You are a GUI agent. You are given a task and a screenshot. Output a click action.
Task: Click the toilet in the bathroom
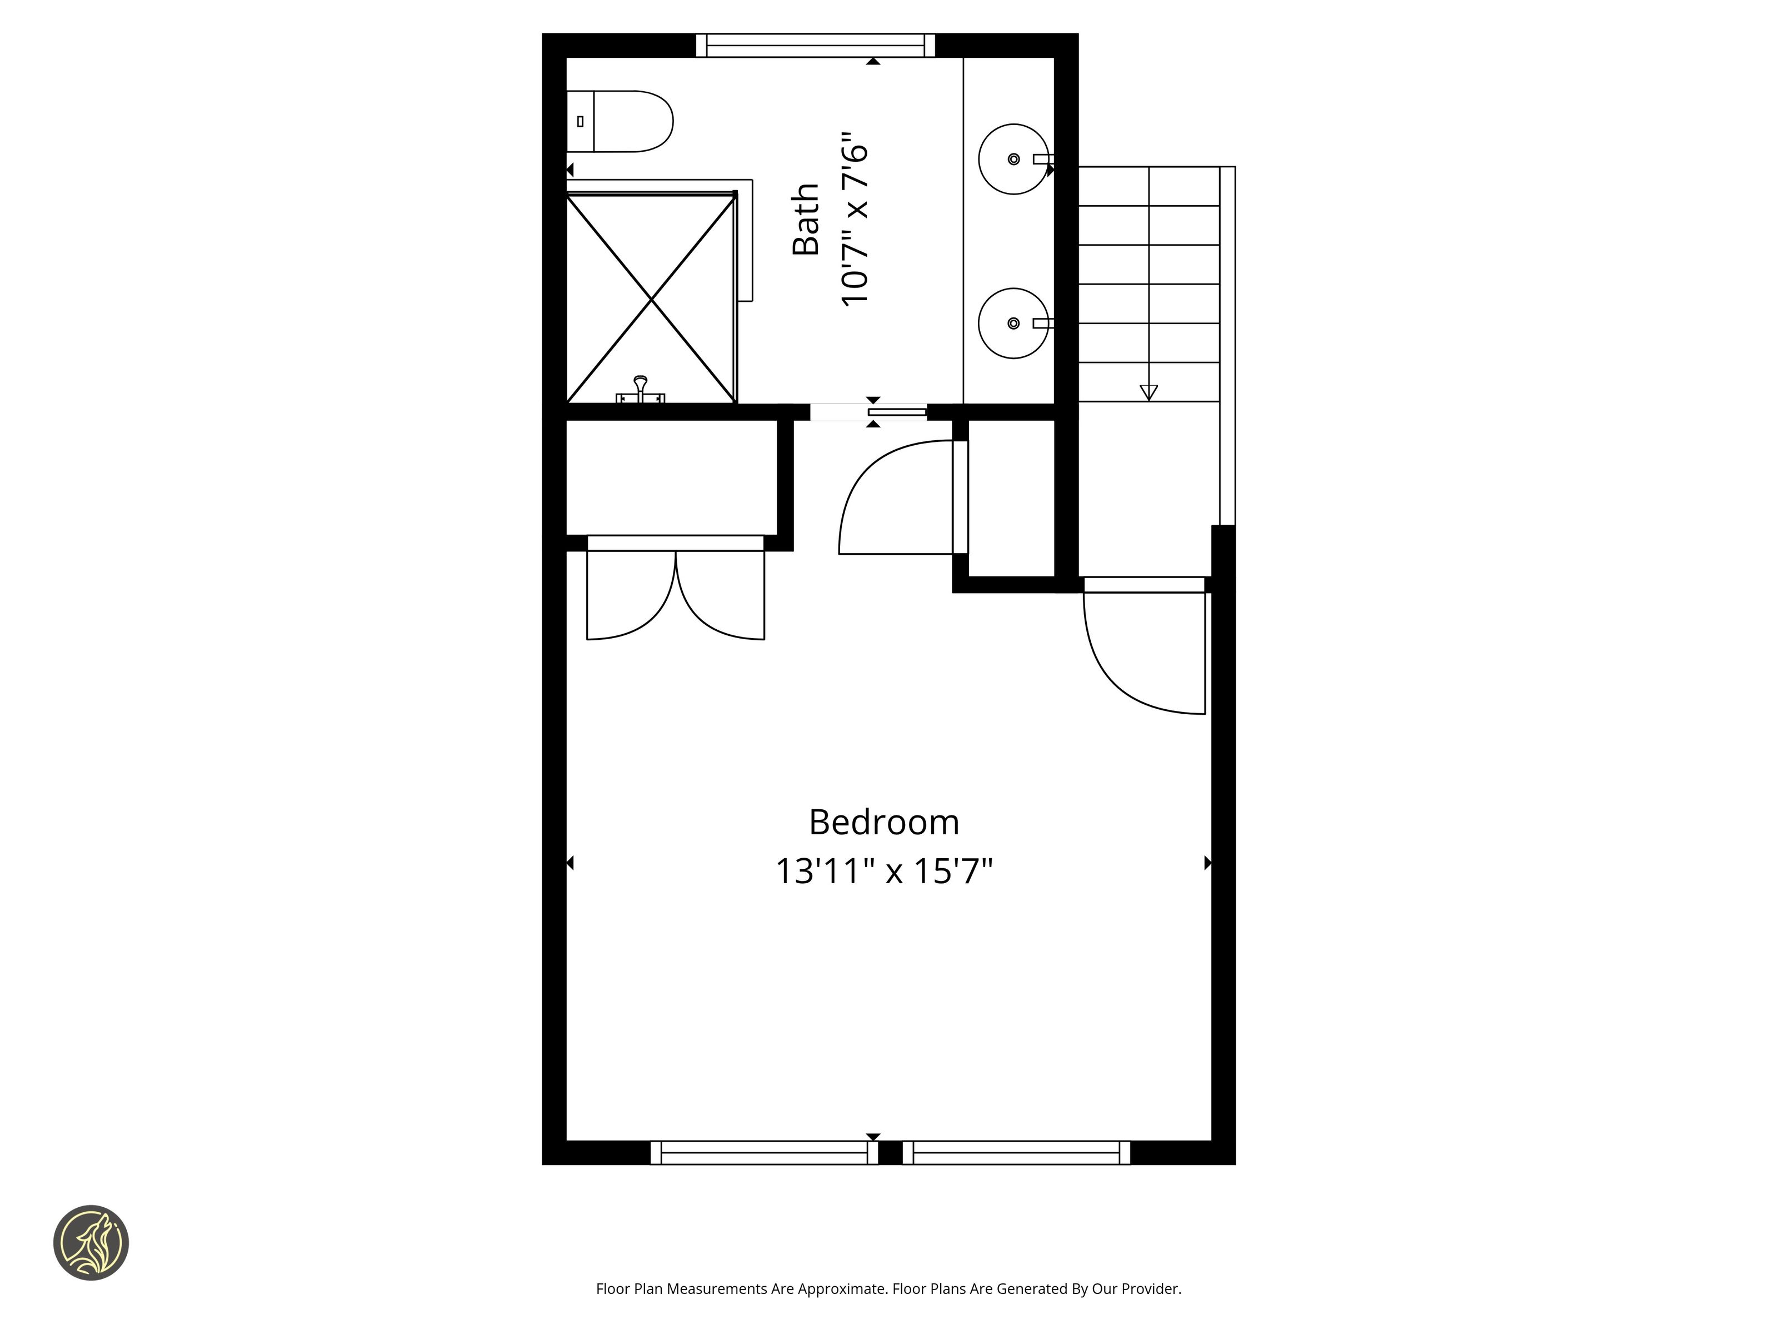[619, 121]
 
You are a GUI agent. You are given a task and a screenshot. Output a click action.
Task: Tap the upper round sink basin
[1013, 159]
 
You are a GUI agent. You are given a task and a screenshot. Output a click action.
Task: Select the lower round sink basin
[1013, 323]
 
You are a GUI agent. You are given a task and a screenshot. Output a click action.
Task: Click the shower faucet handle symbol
[640, 390]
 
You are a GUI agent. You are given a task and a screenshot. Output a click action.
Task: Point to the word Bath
[806, 220]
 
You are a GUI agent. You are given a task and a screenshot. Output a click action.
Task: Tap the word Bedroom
[884, 822]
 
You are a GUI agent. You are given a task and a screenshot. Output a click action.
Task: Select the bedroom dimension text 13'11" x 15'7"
[884, 871]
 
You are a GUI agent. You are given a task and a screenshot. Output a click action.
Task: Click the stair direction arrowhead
[1148, 392]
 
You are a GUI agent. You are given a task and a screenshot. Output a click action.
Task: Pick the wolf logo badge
[91, 1242]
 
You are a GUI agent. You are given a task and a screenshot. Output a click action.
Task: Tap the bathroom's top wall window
[815, 45]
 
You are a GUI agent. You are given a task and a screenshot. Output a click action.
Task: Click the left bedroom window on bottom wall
[763, 1152]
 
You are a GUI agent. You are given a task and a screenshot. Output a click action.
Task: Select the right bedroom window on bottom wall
[1016, 1152]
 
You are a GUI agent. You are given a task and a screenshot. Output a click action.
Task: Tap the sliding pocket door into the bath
[897, 412]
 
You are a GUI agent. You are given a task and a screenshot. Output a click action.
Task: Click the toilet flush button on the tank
[580, 121]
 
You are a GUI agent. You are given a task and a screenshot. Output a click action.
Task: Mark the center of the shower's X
[651, 299]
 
